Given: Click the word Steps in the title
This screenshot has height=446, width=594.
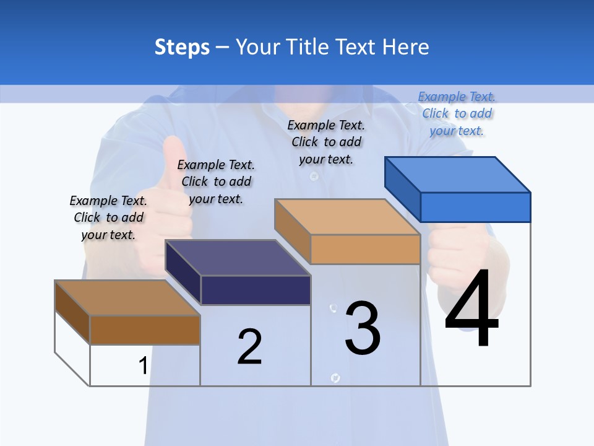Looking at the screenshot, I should tap(182, 47).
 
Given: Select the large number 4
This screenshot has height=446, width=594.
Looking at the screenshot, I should tap(471, 309).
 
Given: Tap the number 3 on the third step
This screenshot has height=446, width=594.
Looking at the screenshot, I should tap(363, 328).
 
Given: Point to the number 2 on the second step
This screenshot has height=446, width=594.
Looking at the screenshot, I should tap(249, 347).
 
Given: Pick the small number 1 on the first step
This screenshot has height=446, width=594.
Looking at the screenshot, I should tap(143, 366).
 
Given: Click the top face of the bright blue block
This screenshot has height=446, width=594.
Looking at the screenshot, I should tap(458, 174).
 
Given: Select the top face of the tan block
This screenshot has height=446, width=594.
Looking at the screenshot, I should tap(347, 216).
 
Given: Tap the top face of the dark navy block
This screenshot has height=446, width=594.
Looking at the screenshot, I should tap(238, 257).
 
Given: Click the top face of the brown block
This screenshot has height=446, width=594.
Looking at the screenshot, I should tap(127, 298).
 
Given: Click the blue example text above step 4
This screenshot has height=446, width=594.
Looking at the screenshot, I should tap(457, 113).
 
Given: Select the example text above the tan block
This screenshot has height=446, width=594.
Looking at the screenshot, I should tap(326, 142).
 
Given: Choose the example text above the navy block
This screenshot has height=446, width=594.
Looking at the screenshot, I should tap(216, 181).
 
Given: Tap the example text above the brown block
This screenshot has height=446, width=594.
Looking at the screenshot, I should tap(108, 217).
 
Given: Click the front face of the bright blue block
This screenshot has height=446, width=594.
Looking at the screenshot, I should tap(475, 207).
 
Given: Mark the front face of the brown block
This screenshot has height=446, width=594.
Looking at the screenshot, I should tap(145, 330).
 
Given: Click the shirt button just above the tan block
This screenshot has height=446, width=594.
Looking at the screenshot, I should tap(314, 177).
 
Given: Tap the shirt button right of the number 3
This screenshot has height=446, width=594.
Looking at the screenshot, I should tap(335, 378).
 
